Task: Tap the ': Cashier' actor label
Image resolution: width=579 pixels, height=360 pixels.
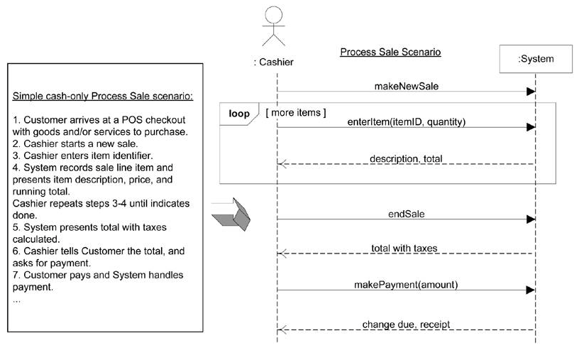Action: [x=274, y=62]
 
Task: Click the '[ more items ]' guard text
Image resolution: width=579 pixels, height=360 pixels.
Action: [x=295, y=111]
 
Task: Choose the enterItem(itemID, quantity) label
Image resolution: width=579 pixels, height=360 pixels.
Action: [x=405, y=121]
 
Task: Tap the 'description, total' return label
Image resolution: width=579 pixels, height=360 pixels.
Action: [x=405, y=158]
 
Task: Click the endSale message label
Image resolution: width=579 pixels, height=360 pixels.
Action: [x=405, y=213]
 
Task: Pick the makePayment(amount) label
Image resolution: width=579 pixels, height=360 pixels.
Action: [x=405, y=284]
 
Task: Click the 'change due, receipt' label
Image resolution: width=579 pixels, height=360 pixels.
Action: [x=405, y=324]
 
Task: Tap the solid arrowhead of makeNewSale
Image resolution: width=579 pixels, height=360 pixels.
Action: [x=530, y=92]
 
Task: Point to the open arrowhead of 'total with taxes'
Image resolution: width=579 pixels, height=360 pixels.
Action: [x=281, y=253]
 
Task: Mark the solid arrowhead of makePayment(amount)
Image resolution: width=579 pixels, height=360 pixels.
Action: [x=530, y=290]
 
